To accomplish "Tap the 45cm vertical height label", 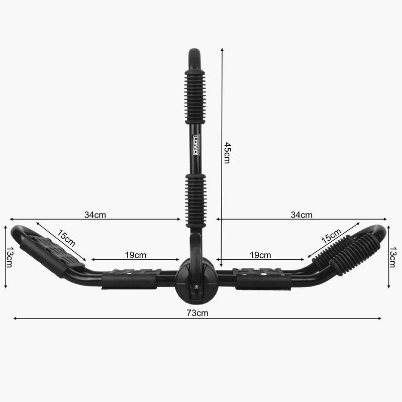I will tap(227, 153).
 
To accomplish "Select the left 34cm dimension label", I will tap(95, 215).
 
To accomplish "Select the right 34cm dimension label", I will tap(301, 215).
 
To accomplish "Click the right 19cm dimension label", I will tap(260, 255).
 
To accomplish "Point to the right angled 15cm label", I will tap(331, 239).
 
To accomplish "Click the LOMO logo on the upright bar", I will tap(195, 145).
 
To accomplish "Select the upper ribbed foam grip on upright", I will tap(195, 95).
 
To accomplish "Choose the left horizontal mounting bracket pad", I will tap(130, 279).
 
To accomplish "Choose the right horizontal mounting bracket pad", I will tap(262, 279).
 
